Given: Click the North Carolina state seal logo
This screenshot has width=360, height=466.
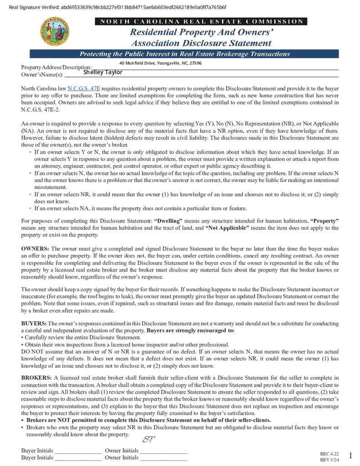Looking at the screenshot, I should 56,31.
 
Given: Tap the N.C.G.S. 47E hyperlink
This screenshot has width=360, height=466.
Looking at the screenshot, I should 84,88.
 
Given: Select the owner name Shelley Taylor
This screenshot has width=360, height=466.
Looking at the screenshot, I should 103,72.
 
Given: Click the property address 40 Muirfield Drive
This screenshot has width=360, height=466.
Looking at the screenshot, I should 160,63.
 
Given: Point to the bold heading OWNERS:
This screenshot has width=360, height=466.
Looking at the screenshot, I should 35,249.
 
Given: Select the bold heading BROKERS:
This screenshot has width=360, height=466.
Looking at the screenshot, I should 36,378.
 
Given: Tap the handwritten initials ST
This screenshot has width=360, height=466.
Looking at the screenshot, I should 149,440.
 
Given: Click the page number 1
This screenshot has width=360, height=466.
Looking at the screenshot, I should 350,456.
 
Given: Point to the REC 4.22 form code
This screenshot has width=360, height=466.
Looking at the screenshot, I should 330,454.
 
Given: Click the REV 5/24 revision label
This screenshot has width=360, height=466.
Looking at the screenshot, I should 330,460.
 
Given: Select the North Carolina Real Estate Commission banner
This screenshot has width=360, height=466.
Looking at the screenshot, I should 201,21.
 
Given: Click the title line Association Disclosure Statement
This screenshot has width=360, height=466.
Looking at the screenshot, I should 201,43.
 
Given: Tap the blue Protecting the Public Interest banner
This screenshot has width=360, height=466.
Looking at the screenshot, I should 184,54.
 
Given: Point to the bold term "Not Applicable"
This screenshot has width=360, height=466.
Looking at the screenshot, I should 227,228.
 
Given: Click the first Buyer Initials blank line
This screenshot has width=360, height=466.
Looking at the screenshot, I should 78,451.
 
